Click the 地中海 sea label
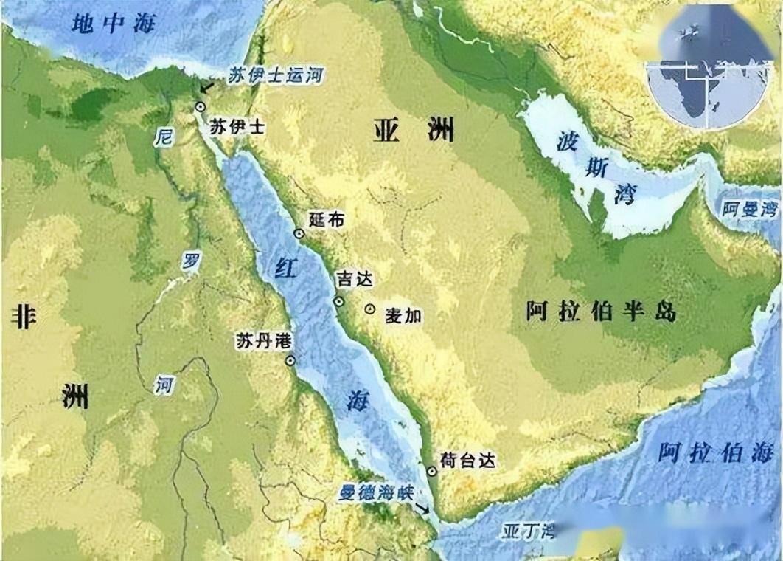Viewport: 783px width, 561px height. (114, 24)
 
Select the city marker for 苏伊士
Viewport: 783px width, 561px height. (199, 107)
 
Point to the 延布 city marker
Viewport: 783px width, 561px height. (299, 233)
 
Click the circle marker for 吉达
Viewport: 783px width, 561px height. (338, 301)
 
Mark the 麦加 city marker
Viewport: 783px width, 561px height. (369, 309)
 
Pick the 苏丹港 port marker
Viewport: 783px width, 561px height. (290, 360)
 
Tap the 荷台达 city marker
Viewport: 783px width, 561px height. (431, 471)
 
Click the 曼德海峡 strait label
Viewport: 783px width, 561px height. (376, 493)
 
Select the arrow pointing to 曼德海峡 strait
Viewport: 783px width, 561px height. (422, 509)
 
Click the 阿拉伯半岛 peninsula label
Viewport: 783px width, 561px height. (601, 312)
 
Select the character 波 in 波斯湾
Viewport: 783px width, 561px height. (565, 140)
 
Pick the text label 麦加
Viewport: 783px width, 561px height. (403, 315)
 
